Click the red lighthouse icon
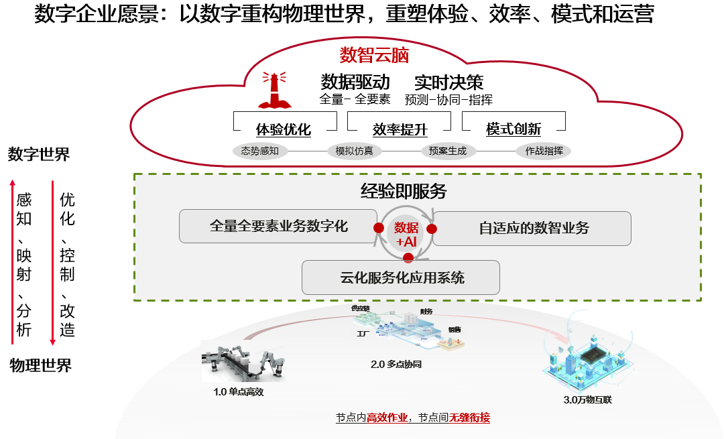click(x=276, y=90)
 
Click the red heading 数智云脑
click(x=374, y=54)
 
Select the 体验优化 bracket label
click(x=284, y=129)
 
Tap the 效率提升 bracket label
click(x=400, y=129)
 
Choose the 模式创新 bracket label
click(x=514, y=129)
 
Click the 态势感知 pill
click(x=259, y=151)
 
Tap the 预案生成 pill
click(x=448, y=151)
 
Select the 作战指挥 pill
click(x=543, y=151)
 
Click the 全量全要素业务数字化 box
click(x=279, y=227)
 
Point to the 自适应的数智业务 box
click(x=534, y=228)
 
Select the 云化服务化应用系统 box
click(x=401, y=277)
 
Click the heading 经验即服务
click(x=404, y=192)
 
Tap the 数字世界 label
click(x=39, y=155)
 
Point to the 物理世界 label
click(x=40, y=365)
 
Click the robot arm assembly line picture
click(x=243, y=362)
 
